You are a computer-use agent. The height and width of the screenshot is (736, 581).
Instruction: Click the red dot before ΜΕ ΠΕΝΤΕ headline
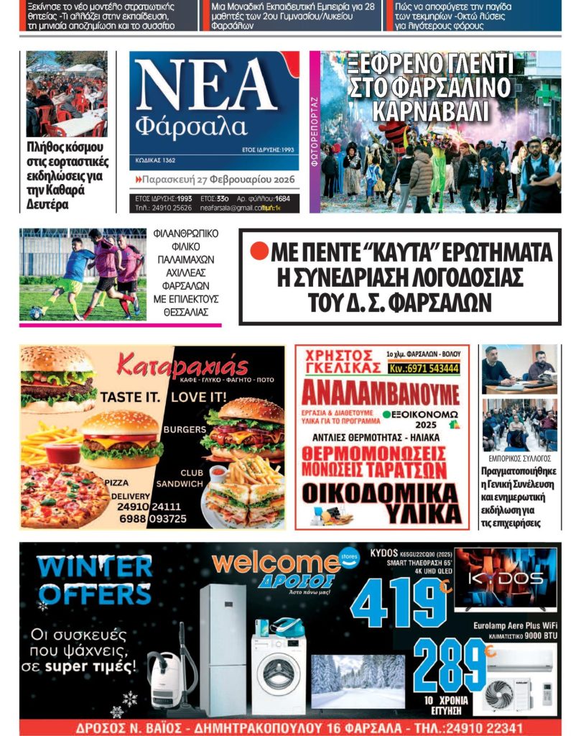point(259,252)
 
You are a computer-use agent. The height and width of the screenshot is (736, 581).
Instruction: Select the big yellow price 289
point(450,665)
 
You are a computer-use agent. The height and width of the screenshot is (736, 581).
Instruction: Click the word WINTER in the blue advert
point(95,567)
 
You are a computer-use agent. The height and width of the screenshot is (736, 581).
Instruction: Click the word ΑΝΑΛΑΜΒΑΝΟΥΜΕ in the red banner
point(380,394)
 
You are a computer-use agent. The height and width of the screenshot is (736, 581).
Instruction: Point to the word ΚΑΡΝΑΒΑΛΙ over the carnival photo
point(430,111)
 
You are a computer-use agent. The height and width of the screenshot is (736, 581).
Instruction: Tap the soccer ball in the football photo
point(35,313)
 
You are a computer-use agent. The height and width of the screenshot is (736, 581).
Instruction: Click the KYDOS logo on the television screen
point(506,579)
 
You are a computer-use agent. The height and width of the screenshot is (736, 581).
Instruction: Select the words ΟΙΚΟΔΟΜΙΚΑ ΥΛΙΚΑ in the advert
point(381,503)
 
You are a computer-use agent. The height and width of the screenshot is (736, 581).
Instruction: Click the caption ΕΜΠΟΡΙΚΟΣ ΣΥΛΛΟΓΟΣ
point(519,458)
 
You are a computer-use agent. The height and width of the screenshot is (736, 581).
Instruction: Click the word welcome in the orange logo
point(276,563)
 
